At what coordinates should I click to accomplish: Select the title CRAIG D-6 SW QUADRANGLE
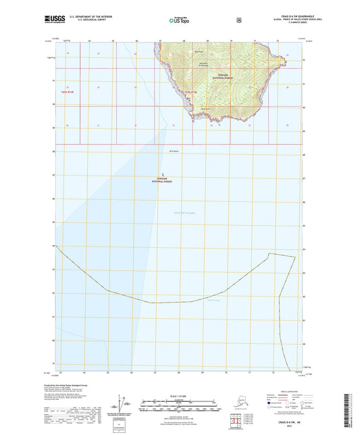(x=290, y=16)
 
